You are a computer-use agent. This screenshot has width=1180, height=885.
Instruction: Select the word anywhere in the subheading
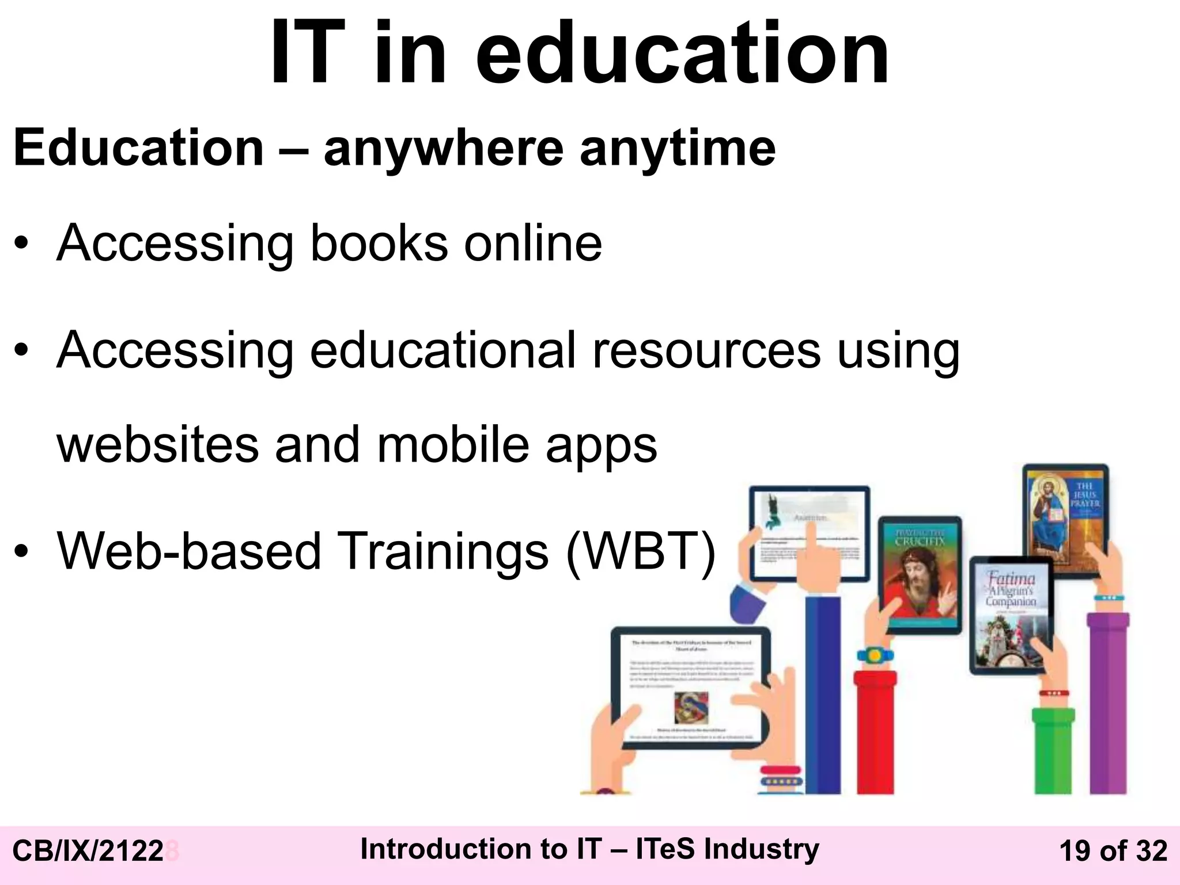443,149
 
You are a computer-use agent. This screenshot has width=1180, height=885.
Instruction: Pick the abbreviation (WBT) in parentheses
641,551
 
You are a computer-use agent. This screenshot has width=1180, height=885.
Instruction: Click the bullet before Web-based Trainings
21,551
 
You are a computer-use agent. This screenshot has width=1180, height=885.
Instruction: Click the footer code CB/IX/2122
88,852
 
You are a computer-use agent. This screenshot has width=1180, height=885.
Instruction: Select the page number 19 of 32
1113,852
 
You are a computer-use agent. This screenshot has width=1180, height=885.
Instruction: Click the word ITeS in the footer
665,849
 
